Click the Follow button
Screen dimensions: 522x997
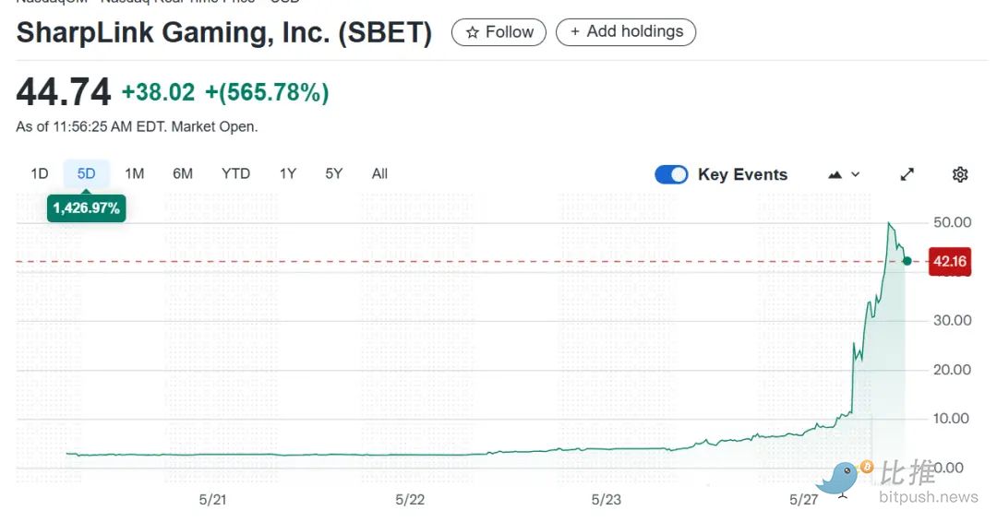pos(498,32)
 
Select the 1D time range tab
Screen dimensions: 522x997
pos(40,173)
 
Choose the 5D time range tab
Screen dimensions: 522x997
pos(87,173)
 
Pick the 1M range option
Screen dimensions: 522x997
pos(135,173)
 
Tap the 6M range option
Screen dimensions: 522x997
pos(183,173)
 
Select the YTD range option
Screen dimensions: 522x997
pos(235,173)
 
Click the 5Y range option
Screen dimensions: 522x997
pos(334,173)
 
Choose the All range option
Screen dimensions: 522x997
pos(379,173)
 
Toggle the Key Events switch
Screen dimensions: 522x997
pos(671,174)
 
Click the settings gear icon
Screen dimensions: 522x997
pos(960,174)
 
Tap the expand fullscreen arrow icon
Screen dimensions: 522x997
pos(907,174)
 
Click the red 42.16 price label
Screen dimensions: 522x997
pos(949,262)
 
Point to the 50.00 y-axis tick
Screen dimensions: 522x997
pos(952,222)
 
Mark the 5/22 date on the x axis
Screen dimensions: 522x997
pos(410,499)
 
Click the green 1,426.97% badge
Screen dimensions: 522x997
pos(87,208)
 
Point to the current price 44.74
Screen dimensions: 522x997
pos(64,92)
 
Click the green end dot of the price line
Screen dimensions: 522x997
pos(907,261)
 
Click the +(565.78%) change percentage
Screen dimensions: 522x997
pos(267,92)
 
